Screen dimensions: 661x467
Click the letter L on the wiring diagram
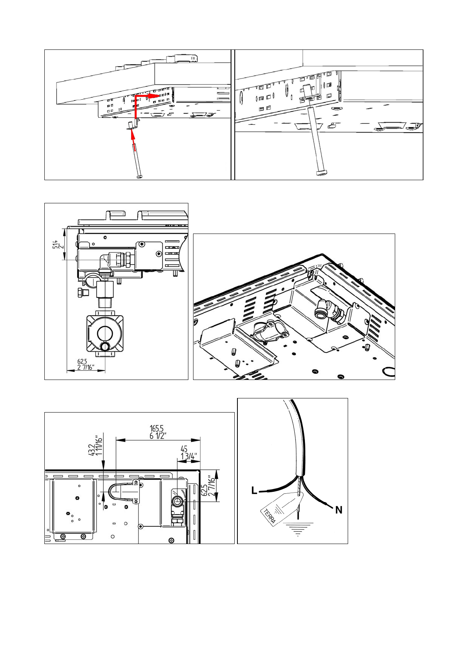254,490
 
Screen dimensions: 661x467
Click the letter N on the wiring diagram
339,510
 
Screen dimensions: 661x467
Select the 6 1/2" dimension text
158,436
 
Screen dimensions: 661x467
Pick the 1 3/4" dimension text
189,456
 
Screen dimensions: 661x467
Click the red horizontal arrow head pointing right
157,96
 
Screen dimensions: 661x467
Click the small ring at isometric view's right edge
389,372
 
